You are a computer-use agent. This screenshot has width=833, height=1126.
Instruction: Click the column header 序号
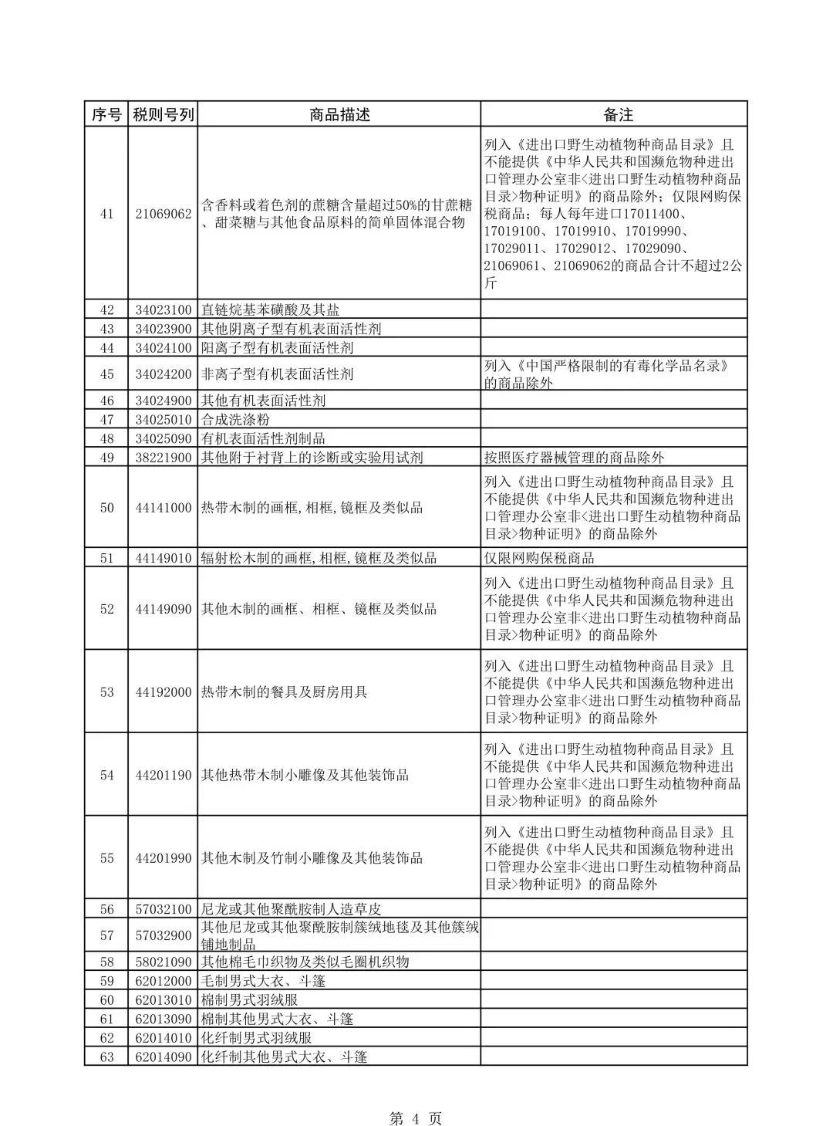click(x=106, y=114)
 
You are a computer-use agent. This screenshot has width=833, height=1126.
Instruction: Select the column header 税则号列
click(x=163, y=114)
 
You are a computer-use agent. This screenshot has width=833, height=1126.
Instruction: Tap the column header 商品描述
click(x=339, y=114)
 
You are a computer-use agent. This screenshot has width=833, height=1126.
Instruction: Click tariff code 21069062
click(x=163, y=214)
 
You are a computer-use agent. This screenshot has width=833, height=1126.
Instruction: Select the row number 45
click(x=106, y=374)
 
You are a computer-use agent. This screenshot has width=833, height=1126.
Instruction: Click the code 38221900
click(x=163, y=458)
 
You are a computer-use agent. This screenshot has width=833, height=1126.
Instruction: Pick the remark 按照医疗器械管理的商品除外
click(x=574, y=458)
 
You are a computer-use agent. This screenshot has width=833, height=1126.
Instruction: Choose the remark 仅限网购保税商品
click(x=539, y=558)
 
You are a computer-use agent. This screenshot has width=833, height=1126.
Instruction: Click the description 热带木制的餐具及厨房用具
click(x=284, y=692)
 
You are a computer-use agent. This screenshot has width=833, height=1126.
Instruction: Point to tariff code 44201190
click(x=163, y=776)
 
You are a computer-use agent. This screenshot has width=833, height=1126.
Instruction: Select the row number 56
click(x=106, y=909)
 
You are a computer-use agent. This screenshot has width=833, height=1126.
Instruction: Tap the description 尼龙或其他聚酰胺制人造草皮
click(x=292, y=909)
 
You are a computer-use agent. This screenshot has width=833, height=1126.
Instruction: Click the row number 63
click(x=106, y=1057)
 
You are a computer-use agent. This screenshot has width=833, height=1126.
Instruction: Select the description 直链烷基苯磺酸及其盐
click(x=270, y=310)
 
